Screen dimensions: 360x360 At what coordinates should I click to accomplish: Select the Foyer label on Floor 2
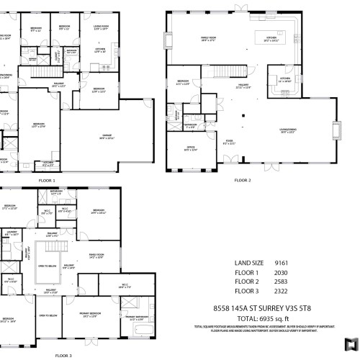pos(230,143)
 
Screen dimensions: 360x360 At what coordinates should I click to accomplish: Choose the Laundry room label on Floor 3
pos(12,233)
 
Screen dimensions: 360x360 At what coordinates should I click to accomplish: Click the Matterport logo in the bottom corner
pos(351,341)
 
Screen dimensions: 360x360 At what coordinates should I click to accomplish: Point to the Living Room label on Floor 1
pos(100,28)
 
